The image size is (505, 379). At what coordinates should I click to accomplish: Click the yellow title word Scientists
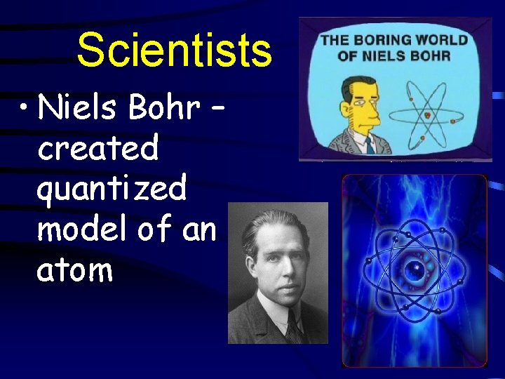click(173, 51)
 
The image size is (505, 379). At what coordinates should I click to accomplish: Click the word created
click(98, 149)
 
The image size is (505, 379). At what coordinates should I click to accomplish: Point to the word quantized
click(112, 189)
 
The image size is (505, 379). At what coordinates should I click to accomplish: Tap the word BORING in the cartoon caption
click(383, 40)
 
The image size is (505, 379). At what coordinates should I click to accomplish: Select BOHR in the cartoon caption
click(444, 55)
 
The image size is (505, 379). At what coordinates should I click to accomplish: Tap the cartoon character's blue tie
click(368, 145)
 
